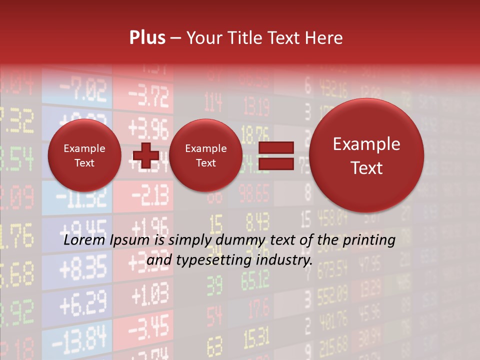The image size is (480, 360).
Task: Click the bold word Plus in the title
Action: click(147, 38)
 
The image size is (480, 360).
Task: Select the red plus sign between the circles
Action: click(145, 155)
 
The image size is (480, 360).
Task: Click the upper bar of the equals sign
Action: click(275, 147)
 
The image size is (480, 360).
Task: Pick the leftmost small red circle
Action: click(84, 155)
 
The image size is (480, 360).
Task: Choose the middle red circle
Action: click(205, 155)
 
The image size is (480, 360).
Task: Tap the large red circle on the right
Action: click(366, 155)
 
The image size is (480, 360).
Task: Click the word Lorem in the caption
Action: click(82, 240)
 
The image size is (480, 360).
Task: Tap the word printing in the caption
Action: click(370, 240)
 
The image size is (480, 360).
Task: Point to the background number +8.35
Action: click(83, 268)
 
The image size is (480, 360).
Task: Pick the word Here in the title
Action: click(324, 38)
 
